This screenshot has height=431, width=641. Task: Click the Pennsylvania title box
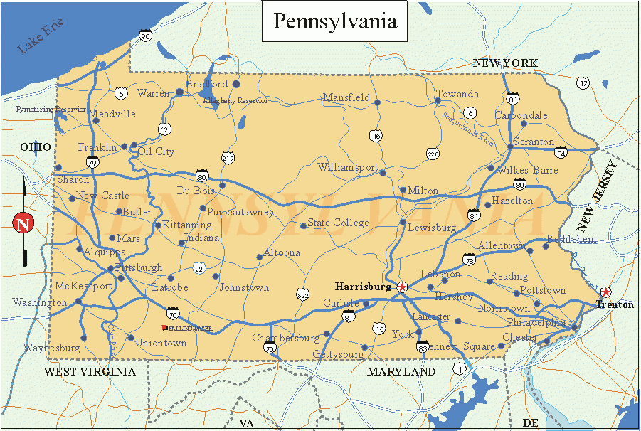pyautogui.click(x=335, y=21)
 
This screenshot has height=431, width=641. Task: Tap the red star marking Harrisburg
pyautogui.click(x=403, y=287)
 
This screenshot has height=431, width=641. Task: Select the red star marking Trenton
pyautogui.click(x=605, y=292)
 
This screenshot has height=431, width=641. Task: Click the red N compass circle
pyautogui.click(x=23, y=223)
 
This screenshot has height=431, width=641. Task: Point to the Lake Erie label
pyautogui.click(x=41, y=36)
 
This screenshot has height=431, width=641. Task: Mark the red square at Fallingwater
pyautogui.click(x=165, y=328)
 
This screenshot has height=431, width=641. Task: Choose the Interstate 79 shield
pyautogui.click(x=92, y=163)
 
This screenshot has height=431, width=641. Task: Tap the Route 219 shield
pyautogui.click(x=228, y=158)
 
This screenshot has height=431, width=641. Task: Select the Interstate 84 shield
pyautogui.click(x=561, y=151)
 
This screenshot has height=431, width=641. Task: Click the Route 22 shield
pyautogui.click(x=198, y=268)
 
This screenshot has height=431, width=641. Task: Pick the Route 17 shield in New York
pyautogui.click(x=583, y=83)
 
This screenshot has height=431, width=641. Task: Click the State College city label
pyautogui.click(x=338, y=223)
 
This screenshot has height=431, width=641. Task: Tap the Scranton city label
pyautogui.click(x=533, y=142)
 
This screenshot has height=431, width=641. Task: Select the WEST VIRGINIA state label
pyautogui.click(x=90, y=371)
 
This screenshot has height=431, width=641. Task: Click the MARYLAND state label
pyautogui.click(x=401, y=371)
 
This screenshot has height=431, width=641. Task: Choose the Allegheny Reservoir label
pyautogui.click(x=235, y=101)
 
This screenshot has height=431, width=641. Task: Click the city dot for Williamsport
pyautogui.click(x=383, y=173)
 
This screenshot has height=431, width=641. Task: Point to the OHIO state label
pyautogui.click(x=36, y=147)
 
